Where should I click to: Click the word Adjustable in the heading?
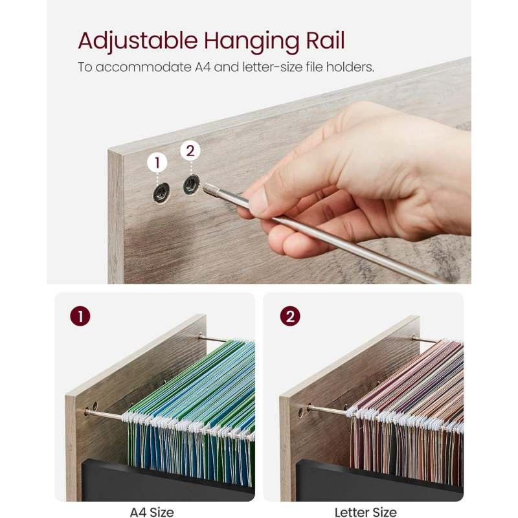click(x=138, y=41)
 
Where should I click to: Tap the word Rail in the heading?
click(x=325, y=40)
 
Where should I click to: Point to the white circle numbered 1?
click(x=157, y=163)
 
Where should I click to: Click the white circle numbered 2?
click(x=190, y=151)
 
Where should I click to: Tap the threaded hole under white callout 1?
click(x=161, y=192)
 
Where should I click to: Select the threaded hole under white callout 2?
click(x=191, y=185)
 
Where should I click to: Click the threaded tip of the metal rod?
click(x=211, y=190)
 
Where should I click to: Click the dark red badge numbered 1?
click(x=80, y=316)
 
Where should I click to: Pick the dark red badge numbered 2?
click(x=290, y=316)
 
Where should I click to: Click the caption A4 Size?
click(x=152, y=512)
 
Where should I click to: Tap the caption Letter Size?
click(x=365, y=512)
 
